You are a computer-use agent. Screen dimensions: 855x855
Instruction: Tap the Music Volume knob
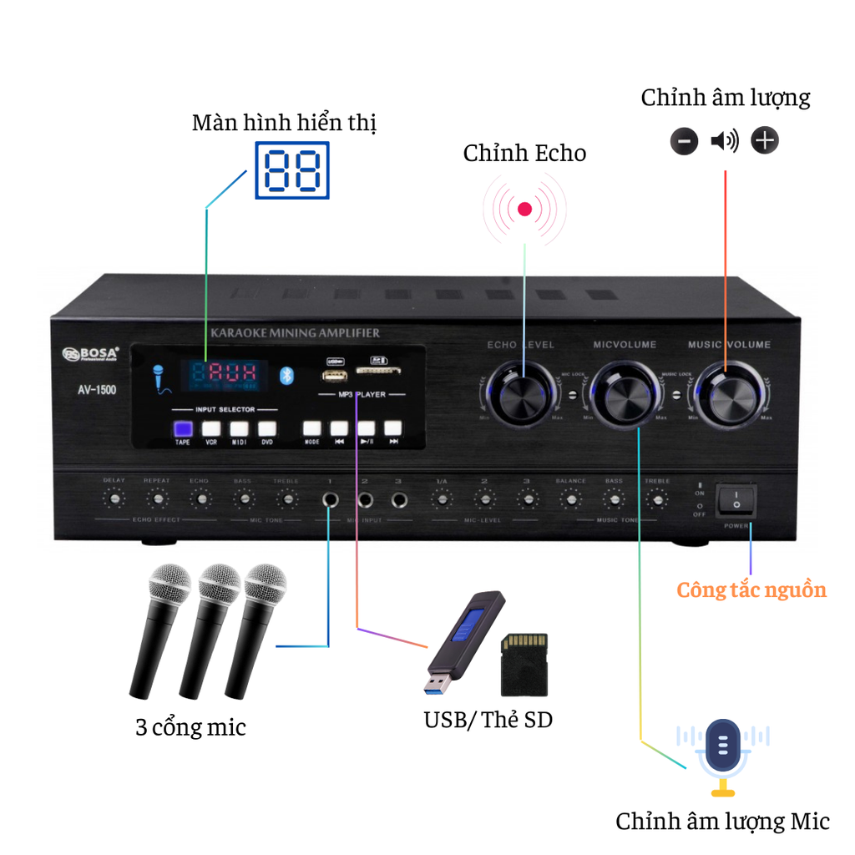[726, 392]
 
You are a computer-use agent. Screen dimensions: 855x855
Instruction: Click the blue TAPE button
[183, 430]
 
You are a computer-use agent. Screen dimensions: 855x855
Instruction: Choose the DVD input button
[266, 430]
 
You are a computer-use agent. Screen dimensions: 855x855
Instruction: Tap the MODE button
[311, 429]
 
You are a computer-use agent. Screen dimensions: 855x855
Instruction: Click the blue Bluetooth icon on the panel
[286, 375]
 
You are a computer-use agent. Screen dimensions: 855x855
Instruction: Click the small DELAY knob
[114, 499]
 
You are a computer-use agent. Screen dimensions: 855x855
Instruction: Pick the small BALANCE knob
[570, 499]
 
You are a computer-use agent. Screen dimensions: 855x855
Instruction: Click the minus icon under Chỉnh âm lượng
[684, 141]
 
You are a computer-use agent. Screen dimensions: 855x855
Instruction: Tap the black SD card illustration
[524, 665]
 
